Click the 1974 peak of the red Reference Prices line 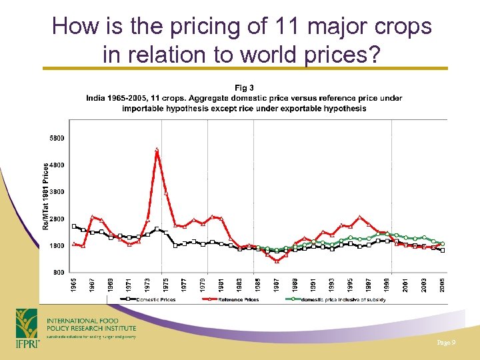coord(156,150)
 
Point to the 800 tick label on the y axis coord(58,273)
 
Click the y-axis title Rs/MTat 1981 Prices coord(46,197)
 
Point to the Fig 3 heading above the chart coord(244,87)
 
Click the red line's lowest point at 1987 coord(277,261)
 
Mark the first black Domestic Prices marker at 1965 coord(74,226)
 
